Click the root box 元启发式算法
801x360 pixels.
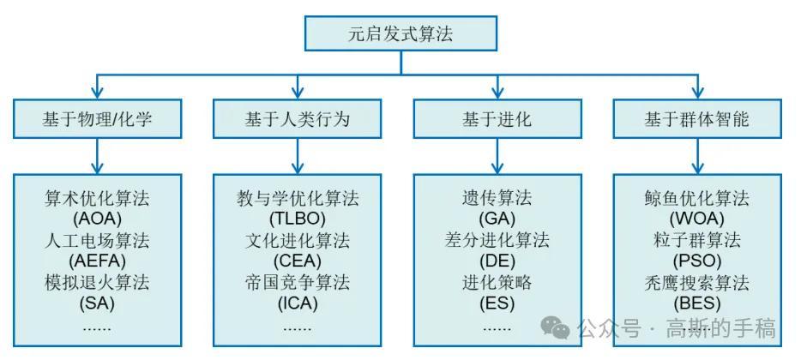tap(400, 35)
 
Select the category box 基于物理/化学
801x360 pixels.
tap(97, 118)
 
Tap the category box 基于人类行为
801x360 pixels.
tap(297, 118)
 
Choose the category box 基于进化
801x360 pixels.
tap(497, 118)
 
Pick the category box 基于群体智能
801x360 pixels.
tap(697, 118)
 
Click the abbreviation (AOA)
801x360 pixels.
tap(97, 219)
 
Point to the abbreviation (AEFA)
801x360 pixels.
tap(97, 261)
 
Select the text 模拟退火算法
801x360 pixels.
tap(97, 282)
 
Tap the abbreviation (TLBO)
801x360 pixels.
tap(297, 219)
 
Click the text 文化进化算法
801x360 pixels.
tap(297, 240)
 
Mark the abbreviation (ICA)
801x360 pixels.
tap(297, 303)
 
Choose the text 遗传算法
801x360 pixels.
tap(497, 198)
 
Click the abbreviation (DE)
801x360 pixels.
tap(497, 261)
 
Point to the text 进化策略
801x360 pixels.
tap(497, 282)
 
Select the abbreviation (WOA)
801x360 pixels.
tap(697, 219)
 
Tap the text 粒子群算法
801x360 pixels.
tap(697, 240)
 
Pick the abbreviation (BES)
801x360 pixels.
tap(697, 303)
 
